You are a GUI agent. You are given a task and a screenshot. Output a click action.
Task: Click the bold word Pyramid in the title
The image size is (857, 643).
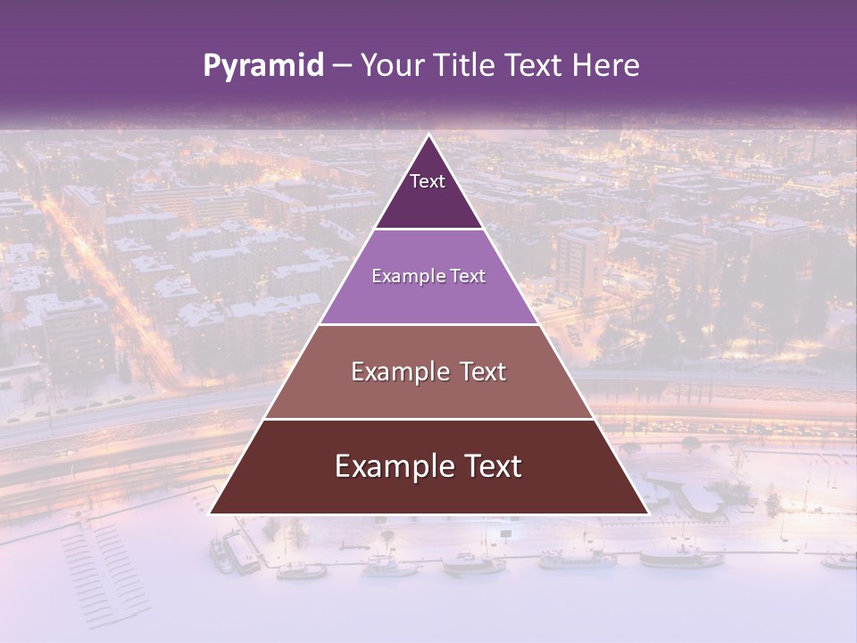click(263, 66)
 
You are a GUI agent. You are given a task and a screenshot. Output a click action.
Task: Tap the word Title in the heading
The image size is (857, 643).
click(466, 66)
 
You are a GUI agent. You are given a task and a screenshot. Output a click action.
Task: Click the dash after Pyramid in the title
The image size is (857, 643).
click(342, 66)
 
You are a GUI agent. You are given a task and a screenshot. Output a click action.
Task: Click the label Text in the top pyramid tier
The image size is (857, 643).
click(428, 181)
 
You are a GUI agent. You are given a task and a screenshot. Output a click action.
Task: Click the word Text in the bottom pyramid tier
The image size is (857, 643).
click(490, 466)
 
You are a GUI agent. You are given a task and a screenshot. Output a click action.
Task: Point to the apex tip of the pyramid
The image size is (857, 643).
click(428, 137)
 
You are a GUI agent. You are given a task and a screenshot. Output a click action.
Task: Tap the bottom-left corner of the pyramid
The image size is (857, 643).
click(212, 513)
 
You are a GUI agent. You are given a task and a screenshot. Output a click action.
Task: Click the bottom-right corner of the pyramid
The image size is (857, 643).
click(646, 513)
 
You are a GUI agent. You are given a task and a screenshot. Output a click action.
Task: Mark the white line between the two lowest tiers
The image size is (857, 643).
click(428, 419)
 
